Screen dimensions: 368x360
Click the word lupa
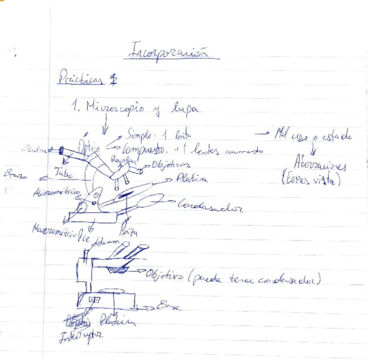point(184,108)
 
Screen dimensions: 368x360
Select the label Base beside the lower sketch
point(170,306)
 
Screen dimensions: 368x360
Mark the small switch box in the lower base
point(94,300)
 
